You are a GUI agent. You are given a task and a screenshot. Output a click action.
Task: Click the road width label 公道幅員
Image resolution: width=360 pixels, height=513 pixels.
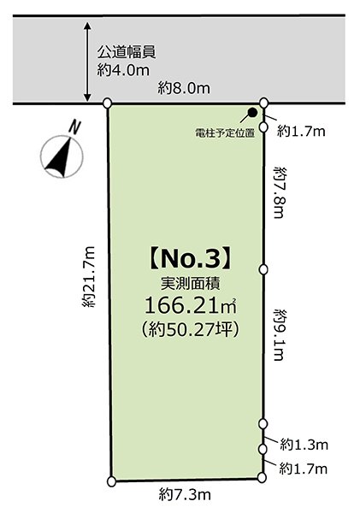pyautogui.click(x=126, y=52)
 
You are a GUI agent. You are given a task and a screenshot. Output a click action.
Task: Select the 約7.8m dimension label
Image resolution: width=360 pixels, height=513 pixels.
pyautogui.click(x=279, y=193)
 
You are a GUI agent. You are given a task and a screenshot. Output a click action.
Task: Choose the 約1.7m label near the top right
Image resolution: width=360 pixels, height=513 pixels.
pyautogui.click(x=304, y=130)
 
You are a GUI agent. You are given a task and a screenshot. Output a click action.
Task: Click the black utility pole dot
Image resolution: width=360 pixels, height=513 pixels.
pyautogui.click(x=253, y=112)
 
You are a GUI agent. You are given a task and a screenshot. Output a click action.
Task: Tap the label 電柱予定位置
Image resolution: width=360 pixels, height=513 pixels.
pyautogui.click(x=225, y=133)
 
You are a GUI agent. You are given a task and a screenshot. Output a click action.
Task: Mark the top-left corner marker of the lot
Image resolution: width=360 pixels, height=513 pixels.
pyautogui.click(x=107, y=103)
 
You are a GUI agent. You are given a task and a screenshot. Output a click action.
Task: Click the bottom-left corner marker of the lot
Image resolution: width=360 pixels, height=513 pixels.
pyautogui.click(x=112, y=481)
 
